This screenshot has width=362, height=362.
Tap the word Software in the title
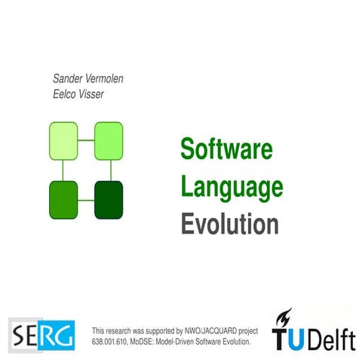point(225,148)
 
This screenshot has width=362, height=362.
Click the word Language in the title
point(232,186)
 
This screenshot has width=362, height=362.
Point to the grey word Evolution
point(229,223)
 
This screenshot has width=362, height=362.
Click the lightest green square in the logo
point(63,141)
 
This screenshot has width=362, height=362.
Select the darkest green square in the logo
point(108,200)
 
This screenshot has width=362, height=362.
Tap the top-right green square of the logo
point(108,141)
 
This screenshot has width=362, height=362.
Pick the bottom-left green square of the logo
point(63,200)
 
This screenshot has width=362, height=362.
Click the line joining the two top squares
point(86,141)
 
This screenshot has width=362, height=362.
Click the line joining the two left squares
point(63,170)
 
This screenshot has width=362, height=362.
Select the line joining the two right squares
point(108,170)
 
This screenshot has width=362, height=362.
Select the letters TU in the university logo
point(289,340)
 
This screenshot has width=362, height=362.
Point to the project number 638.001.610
point(117,342)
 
